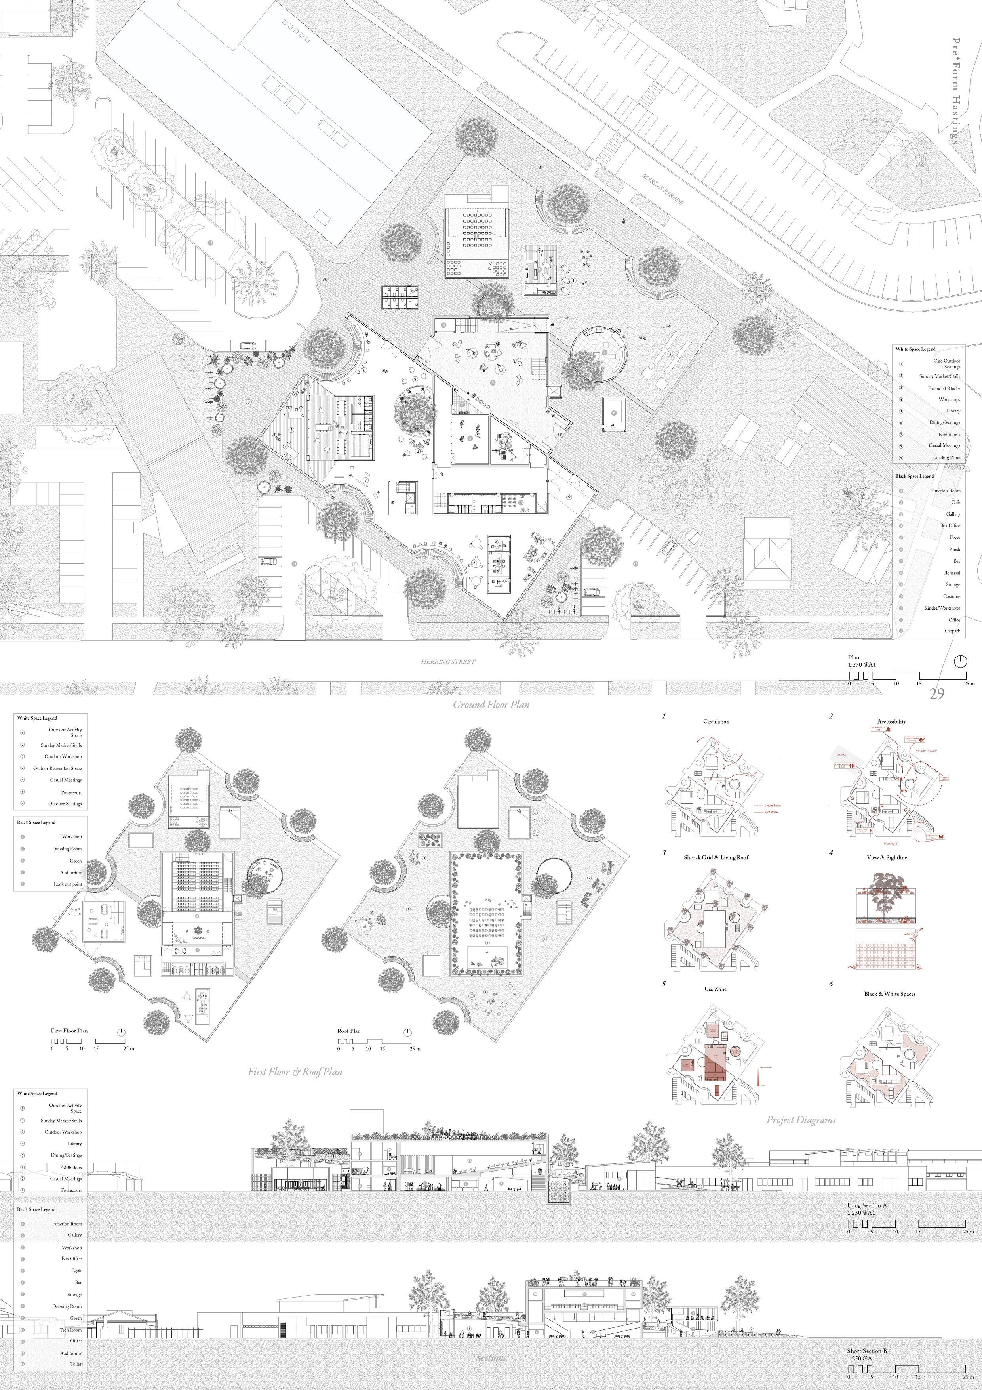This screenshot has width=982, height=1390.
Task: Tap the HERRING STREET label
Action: tap(448, 662)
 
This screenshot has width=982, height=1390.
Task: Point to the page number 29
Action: tap(936, 694)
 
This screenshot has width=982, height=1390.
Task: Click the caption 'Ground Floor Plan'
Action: tap(491, 705)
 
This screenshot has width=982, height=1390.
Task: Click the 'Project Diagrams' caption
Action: tap(801, 1119)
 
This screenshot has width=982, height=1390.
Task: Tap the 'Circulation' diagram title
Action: tap(716, 721)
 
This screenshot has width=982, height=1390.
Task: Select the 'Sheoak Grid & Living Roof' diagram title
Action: tap(716, 857)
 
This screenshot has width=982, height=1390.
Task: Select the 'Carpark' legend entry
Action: tap(952, 631)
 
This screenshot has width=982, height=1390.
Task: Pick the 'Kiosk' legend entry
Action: tap(954, 549)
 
